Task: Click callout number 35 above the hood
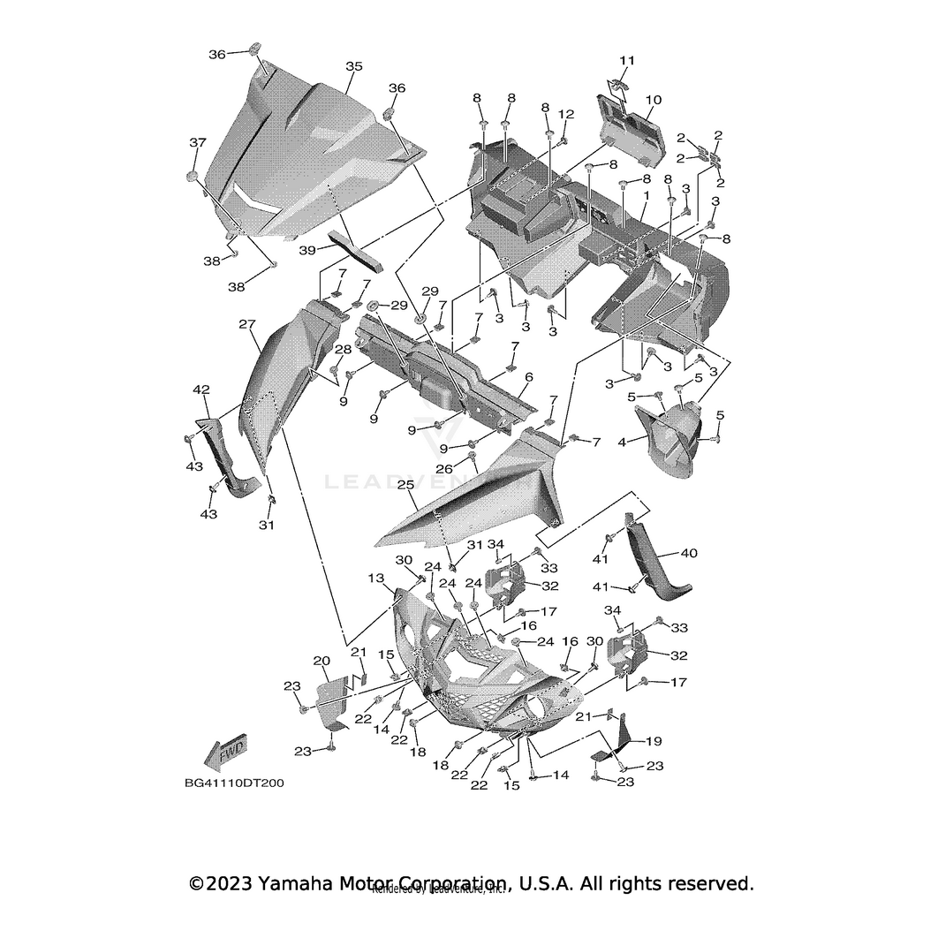354,66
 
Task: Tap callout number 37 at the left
197,142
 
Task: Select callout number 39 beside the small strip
306,250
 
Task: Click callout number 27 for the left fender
246,324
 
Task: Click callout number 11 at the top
626,60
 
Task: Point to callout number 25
405,485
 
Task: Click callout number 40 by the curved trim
688,554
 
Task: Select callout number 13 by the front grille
376,578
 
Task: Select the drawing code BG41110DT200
234,783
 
